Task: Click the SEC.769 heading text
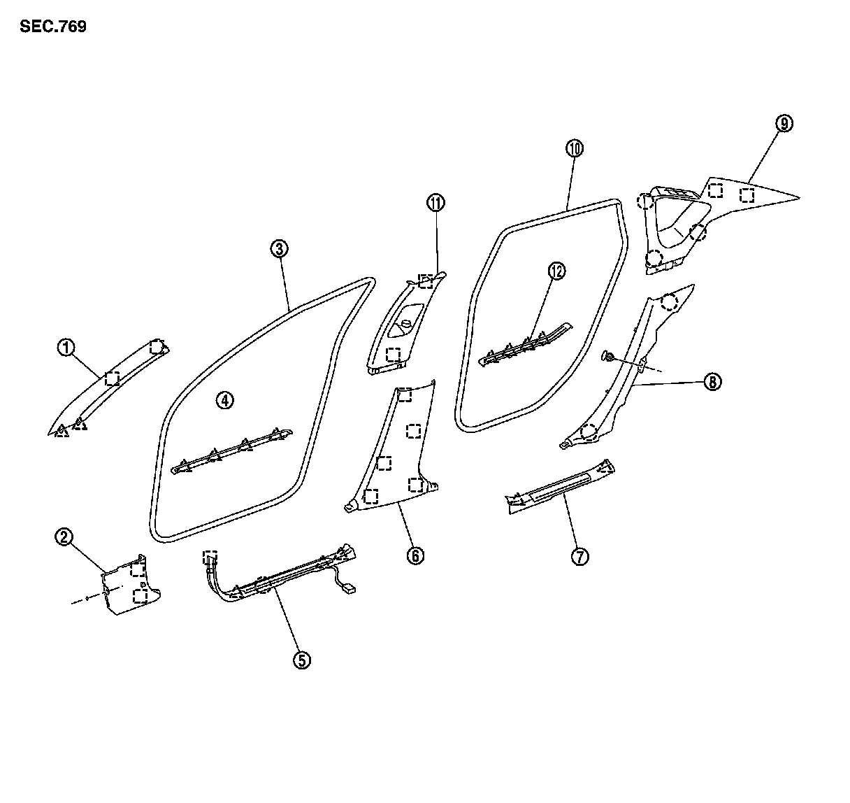(53, 27)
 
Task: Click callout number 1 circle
(66, 348)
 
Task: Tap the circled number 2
(64, 537)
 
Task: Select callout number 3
(279, 248)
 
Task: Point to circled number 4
(224, 400)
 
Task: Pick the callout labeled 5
(301, 660)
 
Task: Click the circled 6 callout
(415, 555)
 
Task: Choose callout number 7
(579, 556)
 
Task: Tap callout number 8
(712, 382)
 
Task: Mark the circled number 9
(784, 124)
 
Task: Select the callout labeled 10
(575, 148)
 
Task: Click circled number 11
(435, 204)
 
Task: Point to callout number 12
(556, 271)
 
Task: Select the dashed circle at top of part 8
(669, 301)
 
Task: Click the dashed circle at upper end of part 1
(158, 346)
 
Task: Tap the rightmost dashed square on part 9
(747, 195)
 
